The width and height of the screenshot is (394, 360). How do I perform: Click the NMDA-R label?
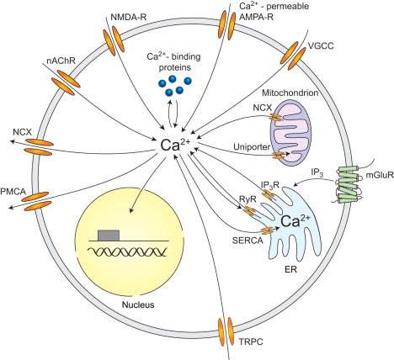coord(107,16)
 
